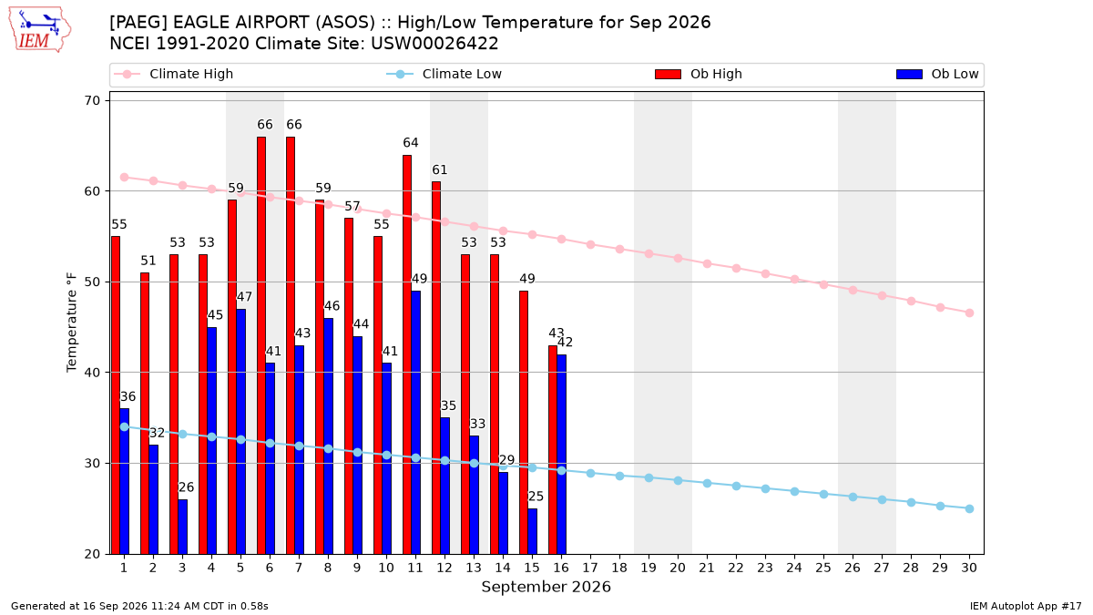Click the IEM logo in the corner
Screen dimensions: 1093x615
tap(39, 30)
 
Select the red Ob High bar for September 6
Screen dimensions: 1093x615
tap(261, 345)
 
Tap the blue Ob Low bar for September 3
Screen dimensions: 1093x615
tap(182, 527)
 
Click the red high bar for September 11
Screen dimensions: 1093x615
tap(407, 354)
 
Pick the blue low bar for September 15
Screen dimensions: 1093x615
tap(532, 531)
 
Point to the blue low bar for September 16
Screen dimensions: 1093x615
tap(562, 454)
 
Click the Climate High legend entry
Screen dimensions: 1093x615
tap(173, 74)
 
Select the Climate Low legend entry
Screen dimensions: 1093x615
tap(444, 74)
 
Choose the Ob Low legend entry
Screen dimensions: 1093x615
tap(937, 74)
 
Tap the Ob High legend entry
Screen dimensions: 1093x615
tap(699, 74)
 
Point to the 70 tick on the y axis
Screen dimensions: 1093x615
tap(92, 100)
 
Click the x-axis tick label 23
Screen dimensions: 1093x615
tap(765, 568)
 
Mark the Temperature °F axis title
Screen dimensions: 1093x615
tap(72, 323)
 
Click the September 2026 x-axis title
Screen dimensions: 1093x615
tap(546, 587)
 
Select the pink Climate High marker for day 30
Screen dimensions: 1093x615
tap(969, 313)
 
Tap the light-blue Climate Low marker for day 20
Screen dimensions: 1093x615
tap(678, 481)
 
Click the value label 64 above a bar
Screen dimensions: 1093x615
tap(411, 142)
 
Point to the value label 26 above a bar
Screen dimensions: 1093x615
tap(186, 487)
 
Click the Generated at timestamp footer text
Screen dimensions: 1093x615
tap(139, 606)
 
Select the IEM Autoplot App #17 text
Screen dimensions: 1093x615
tap(1026, 606)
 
